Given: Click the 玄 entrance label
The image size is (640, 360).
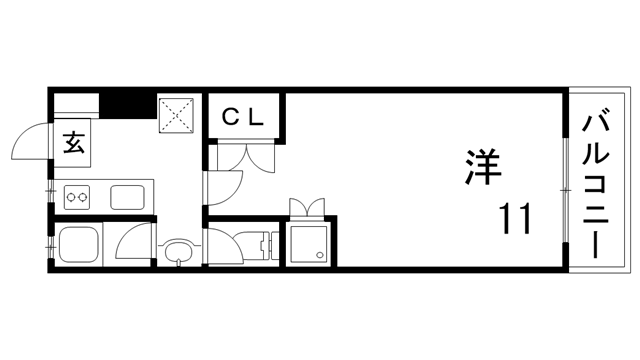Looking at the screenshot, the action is click(x=73, y=142).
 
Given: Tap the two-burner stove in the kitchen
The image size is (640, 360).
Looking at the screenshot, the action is click(x=77, y=197).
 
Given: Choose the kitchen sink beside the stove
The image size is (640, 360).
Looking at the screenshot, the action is click(x=128, y=196).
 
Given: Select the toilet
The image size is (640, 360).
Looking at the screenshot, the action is click(x=261, y=245).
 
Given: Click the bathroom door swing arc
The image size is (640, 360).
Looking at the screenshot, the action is click(x=133, y=243).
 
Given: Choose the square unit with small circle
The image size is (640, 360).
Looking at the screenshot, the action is click(x=310, y=242).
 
